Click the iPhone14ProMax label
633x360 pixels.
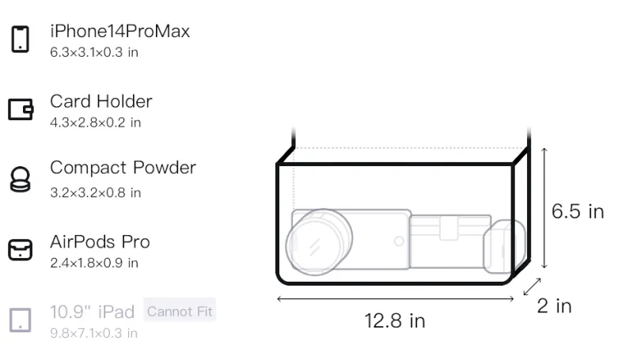coord(120,32)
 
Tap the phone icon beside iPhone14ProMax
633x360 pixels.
coord(21,39)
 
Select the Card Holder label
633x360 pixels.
coord(101,101)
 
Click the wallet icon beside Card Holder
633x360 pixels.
coord(21,109)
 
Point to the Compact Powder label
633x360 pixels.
coord(123,168)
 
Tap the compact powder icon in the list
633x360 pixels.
coord(21,179)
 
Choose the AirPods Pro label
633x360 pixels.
coord(100,242)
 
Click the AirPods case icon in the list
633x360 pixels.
coord(21,250)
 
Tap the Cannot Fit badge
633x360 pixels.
coord(180,311)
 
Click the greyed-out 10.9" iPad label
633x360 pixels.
coord(92,312)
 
